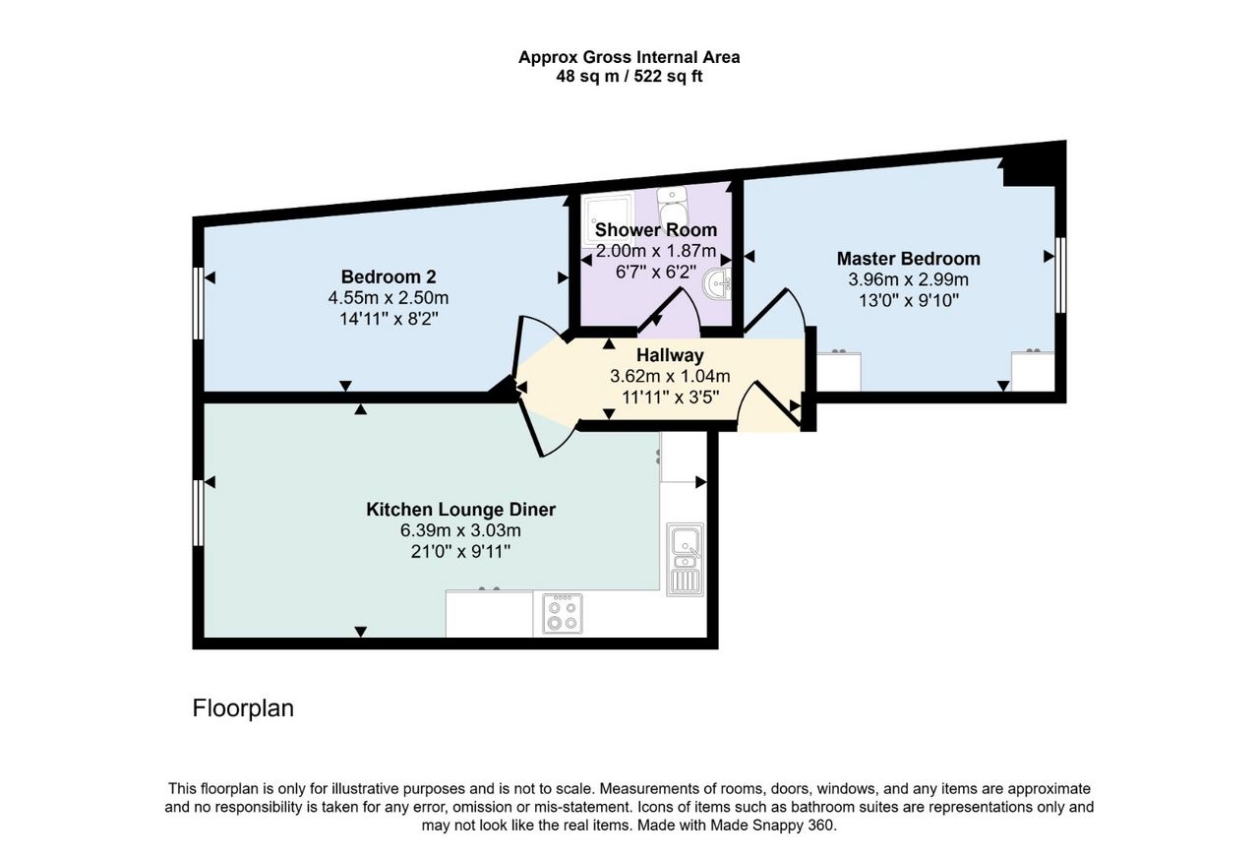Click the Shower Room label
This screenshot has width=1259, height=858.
click(x=656, y=230)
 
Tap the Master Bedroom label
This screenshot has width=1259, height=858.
click(x=908, y=259)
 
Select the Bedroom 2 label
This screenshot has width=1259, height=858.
click(x=389, y=276)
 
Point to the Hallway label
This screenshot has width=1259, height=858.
click(x=670, y=355)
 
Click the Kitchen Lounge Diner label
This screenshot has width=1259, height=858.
click(x=461, y=510)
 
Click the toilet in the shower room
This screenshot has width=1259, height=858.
click(x=671, y=207)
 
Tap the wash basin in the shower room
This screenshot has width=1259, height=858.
click(x=717, y=285)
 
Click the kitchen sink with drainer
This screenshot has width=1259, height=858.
click(x=686, y=560)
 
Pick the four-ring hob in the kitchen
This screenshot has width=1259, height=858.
click(x=563, y=614)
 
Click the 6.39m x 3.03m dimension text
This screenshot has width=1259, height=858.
click(x=461, y=530)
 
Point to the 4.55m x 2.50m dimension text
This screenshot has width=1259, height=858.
click(x=389, y=297)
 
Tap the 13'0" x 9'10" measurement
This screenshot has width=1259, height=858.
click(x=908, y=301)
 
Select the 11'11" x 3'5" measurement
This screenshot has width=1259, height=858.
click(x=670, y=398)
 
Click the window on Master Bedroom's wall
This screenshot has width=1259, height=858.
click(x=1060, y=275)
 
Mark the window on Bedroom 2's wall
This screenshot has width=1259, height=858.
click(x=198, y=303)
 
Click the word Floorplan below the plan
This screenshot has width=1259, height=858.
click(x=243, y=708)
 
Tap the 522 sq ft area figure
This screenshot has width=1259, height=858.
click(x=668, y=77)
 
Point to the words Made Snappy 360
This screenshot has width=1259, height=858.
click(x=773, y=826)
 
